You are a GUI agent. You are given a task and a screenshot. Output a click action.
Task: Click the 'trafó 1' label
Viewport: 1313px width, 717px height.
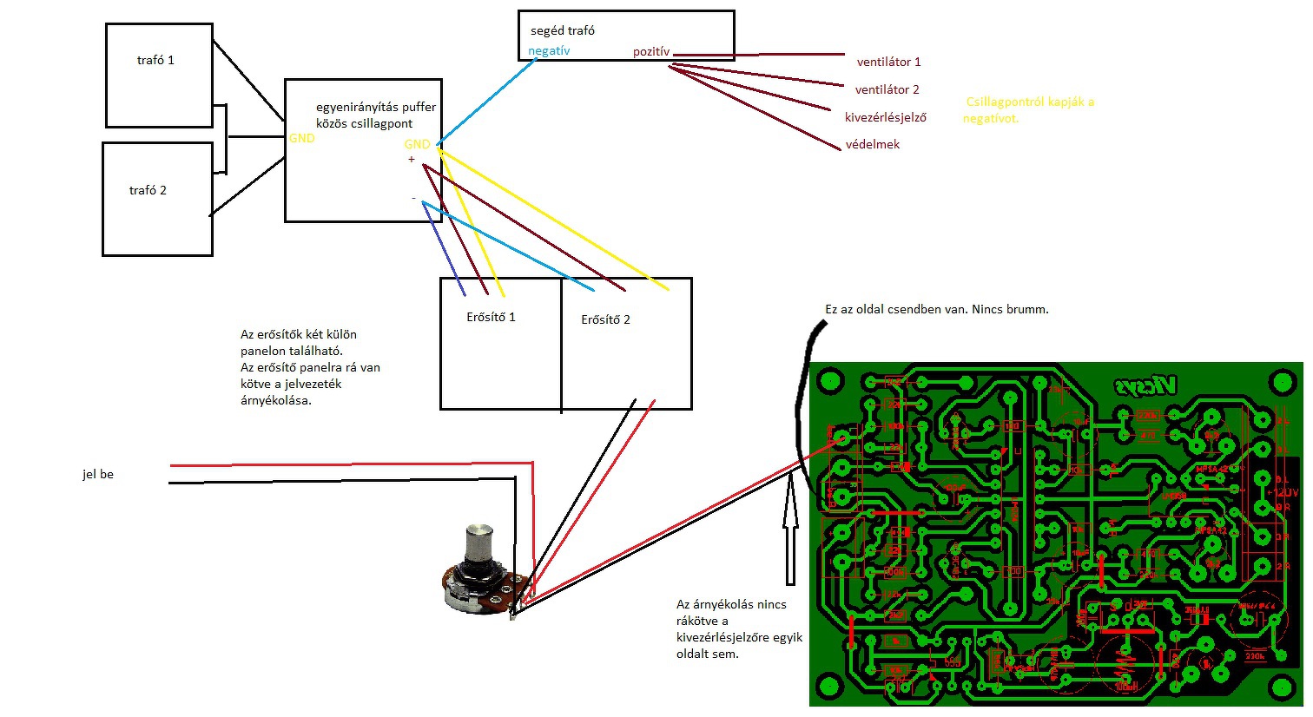[155, 60]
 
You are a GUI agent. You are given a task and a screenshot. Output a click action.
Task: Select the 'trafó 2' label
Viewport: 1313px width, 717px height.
[148, 190]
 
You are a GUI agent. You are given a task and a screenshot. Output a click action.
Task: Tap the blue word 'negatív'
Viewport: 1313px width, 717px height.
[549, 51]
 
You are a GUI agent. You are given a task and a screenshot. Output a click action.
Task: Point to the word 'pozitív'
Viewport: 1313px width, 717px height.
[651, 52]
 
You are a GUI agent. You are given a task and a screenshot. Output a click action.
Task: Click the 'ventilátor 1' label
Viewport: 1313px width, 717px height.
[888, 62]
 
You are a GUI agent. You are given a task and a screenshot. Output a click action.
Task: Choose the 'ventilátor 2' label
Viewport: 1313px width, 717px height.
[887, 89]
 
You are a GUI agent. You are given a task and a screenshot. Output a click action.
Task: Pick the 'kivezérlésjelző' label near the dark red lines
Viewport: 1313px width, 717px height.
[885, 117]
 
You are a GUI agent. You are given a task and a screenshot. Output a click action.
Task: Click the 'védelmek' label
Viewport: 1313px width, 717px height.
[873, 145]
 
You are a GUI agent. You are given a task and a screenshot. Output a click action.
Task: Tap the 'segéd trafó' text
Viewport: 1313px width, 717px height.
[563, 30]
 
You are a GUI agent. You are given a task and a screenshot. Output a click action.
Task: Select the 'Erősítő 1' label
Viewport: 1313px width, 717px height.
[491, 317]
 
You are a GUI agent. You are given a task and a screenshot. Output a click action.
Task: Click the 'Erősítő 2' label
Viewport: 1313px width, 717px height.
[605, 319]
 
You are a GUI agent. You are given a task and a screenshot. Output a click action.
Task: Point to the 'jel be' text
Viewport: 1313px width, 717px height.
[98, 474]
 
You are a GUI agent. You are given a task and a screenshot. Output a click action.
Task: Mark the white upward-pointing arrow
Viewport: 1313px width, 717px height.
[790, 530]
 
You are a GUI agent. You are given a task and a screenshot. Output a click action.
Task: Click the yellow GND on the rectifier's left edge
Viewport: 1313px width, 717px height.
[301, 138]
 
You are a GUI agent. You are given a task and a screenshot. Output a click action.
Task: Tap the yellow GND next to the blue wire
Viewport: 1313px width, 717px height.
[417, 144]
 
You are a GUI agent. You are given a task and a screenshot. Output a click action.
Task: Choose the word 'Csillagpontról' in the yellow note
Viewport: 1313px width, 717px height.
[1005, 102]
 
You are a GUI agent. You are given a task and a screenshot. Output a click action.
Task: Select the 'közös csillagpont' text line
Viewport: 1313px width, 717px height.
[364, 123]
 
